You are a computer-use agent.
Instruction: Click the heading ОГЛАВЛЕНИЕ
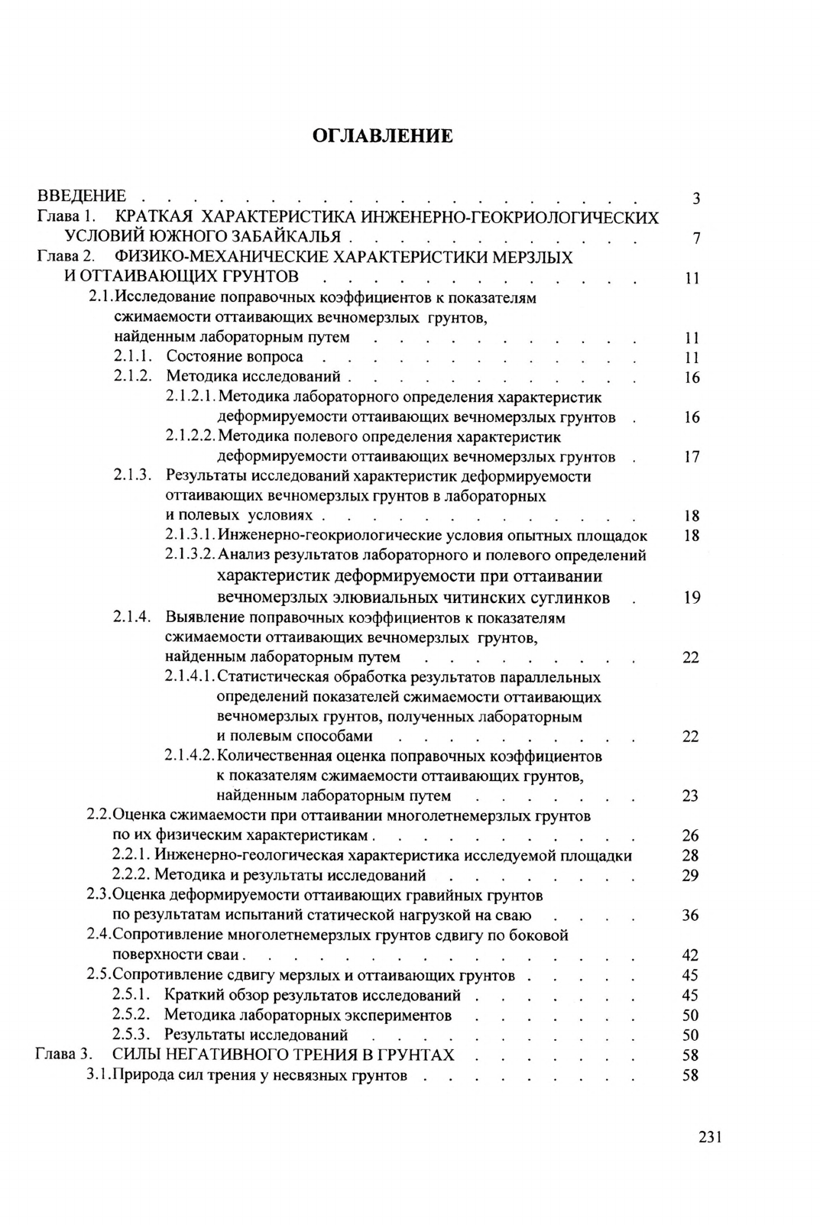[x=382, y=136]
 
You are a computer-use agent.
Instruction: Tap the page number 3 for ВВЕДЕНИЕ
[x=695, y=199]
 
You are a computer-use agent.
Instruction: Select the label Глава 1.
[x=65, y=218]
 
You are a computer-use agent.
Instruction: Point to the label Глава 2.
[x=65, y=258]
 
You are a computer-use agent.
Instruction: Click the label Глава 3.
[x=64, y=1055]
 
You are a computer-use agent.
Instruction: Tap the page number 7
[x=695, y=239]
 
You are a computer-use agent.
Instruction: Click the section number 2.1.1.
[x=133, y=357]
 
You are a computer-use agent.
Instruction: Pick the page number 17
[x=692, y=458]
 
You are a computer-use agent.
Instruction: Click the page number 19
[x=692, y=598]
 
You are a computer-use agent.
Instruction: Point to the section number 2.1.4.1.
[x=190, y=677]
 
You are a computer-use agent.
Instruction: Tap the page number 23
[x=690, y=796]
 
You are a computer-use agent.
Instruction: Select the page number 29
[x=690, y=876]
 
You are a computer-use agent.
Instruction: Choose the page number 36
[x=690, y=916]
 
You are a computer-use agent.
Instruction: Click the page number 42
[x=690, y=955]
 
